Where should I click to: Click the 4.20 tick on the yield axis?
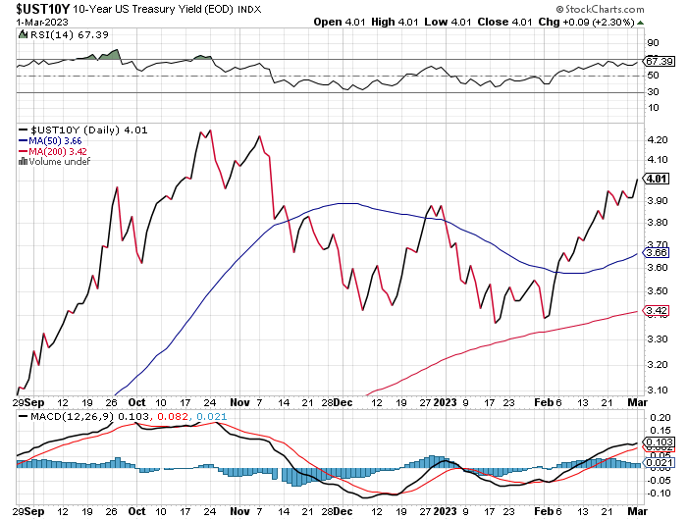[657, 139]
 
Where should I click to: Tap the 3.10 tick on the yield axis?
[657, 390]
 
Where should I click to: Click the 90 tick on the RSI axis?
[652, 42]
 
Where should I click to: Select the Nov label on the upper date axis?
[240, 401]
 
